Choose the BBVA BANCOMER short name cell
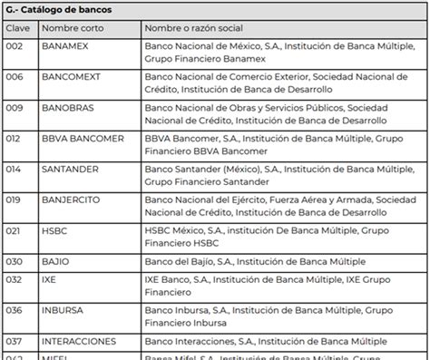click(x=83, y=139)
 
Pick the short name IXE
click(x=51, y=282)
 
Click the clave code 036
click(x=15, y=311)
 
